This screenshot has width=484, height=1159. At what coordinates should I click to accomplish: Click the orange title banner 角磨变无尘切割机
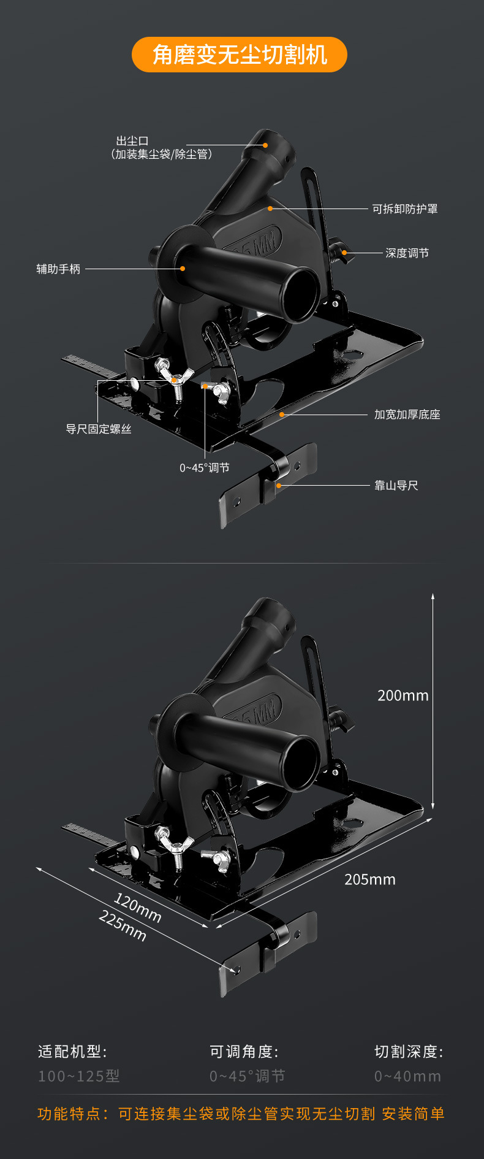click(x=240, y=55)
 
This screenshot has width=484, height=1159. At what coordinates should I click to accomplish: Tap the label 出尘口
click(x=133, y=141)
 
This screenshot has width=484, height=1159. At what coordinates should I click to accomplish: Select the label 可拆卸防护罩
click(x=405, y=209)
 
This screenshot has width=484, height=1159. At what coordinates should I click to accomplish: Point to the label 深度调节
click(x=407, y=253)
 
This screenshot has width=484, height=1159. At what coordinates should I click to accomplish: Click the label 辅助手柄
click(x=58, y=269)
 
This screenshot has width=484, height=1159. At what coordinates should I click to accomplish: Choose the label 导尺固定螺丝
click(x=99, y=429)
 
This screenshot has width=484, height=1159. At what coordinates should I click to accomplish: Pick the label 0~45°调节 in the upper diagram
click(x=205, y=468)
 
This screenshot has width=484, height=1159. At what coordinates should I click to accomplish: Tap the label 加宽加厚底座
click(x=407, y=415)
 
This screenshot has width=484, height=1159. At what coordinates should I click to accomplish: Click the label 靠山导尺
click(x=396, y=486)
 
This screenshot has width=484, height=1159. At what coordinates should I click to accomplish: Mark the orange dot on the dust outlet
click(x=266, y=145)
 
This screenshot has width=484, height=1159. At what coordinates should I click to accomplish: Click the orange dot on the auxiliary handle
click(x=183, y=269)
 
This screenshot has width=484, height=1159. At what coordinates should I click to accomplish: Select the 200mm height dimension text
click(x=403, y=695)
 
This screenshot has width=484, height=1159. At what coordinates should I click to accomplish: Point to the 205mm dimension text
click(x=370, y=879)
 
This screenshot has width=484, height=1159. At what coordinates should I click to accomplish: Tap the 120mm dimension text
click(x=138, y=908)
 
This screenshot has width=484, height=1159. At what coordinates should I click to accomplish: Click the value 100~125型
click(x=79, y=1076)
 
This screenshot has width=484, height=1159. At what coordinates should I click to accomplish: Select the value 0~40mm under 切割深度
click(x=407, y=1076)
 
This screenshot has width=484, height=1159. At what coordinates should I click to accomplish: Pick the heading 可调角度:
click(x=244, y=1052)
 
